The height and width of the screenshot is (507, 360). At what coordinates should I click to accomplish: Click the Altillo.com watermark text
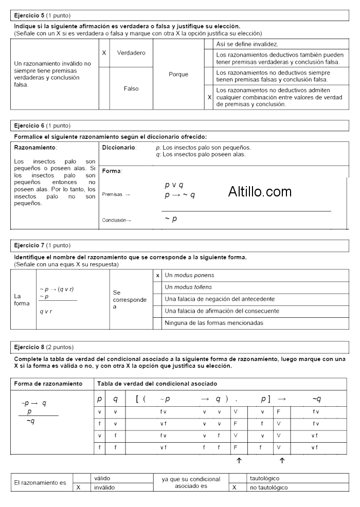click(260, 192)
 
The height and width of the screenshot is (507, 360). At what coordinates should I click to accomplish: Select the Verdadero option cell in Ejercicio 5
click(131, 53)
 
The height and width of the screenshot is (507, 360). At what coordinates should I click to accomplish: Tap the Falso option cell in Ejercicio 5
click(131, 88)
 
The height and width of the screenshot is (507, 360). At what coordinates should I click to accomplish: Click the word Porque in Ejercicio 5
click(178, 74)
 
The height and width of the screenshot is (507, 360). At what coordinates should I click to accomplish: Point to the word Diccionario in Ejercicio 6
click(119, 148)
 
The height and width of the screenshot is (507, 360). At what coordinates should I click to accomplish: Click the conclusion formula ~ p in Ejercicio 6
click(171, 219)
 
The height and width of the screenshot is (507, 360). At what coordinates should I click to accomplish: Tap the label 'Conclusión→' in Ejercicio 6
click(117, 220)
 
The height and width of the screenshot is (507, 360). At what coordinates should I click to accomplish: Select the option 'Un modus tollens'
click(188, 287)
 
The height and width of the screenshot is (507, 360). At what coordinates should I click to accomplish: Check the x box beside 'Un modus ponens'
click(157, 276)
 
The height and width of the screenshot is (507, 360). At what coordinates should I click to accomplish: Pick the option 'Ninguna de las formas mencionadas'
click(213, 323)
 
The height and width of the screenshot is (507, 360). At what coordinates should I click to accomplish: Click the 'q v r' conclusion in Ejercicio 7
click(46, 311)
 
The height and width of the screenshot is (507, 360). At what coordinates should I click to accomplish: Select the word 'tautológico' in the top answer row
click(264, 478)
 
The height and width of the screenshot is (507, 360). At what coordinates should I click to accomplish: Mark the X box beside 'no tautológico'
click(234, 487)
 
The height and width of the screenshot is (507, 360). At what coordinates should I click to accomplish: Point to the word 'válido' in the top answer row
click(102, 478)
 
